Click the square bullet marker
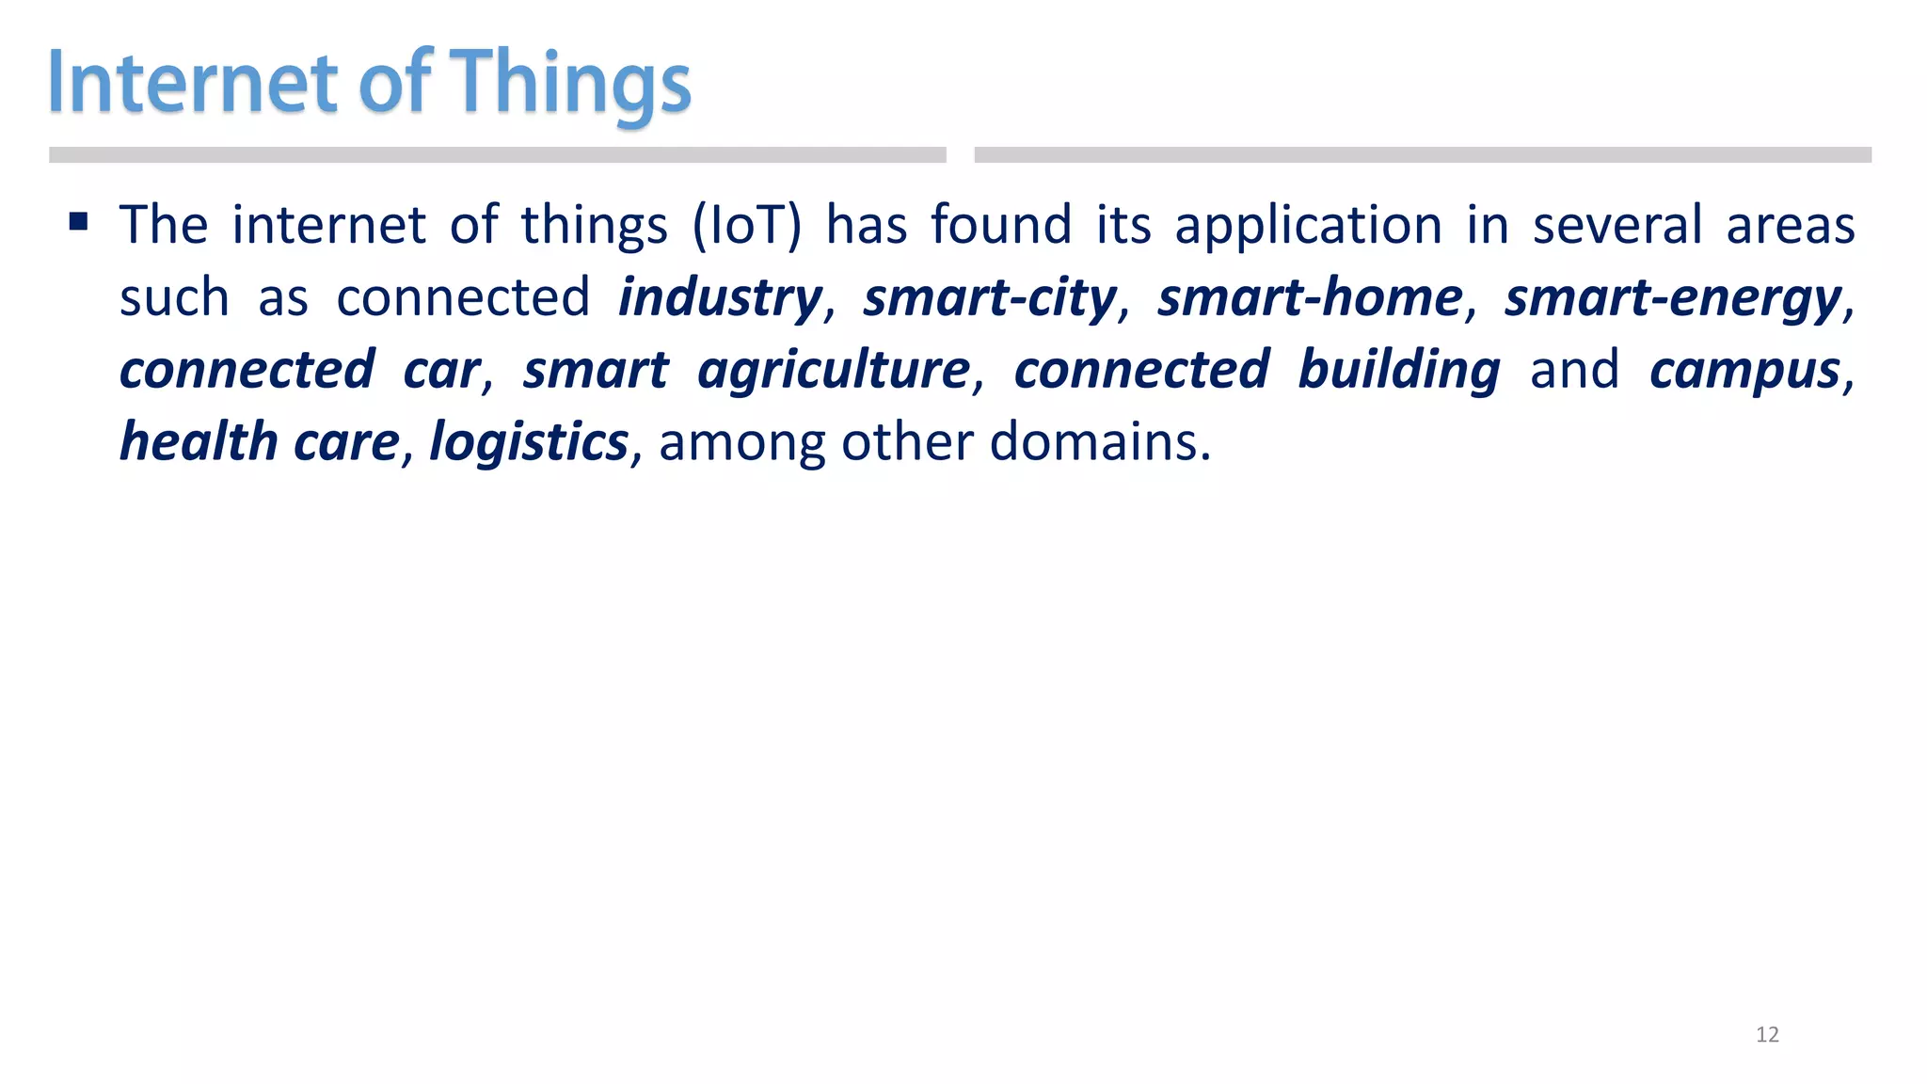(x=79, y=222)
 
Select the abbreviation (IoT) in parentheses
(x=747, y=226)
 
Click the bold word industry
(x=720, y=298)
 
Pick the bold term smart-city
(x=990, y=298)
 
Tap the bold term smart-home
(x=1310, y=298)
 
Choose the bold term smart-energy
(x=1673, y=298)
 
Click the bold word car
(x=441, y=370)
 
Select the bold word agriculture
(x=834, y=370)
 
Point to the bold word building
(x=1399, y=370)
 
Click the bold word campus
(x=1744, y=370)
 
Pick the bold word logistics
(x=529, y=442)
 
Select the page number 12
(x=1767, y=1035)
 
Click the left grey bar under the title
(x=497, y=155)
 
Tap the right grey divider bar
(x=1423, y=155)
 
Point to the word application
(x=1308, y=226)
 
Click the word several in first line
(x=1616, y=226)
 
